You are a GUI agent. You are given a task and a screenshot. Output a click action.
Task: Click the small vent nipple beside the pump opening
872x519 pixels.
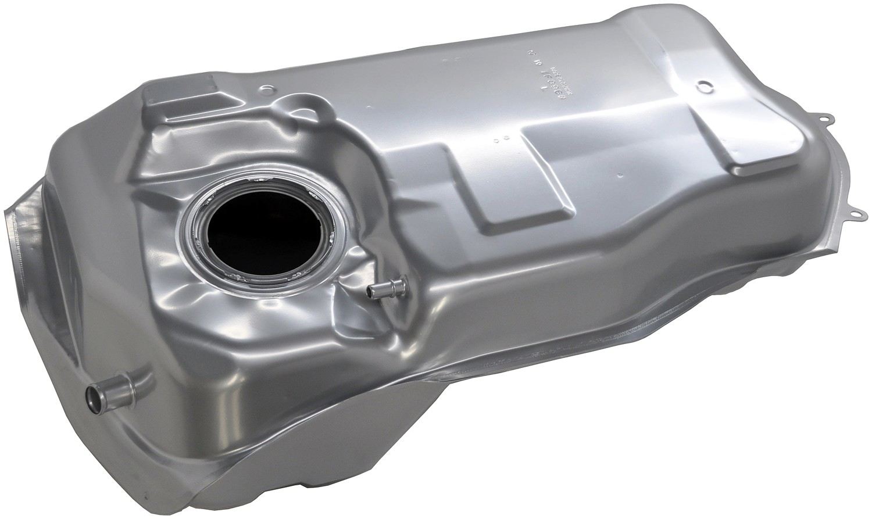tap(380, 288)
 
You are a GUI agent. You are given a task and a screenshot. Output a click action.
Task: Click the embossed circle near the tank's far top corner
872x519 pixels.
tap(705, 85)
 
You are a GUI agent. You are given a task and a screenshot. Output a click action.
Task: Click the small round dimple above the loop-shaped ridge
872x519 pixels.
tap(267, 89)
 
